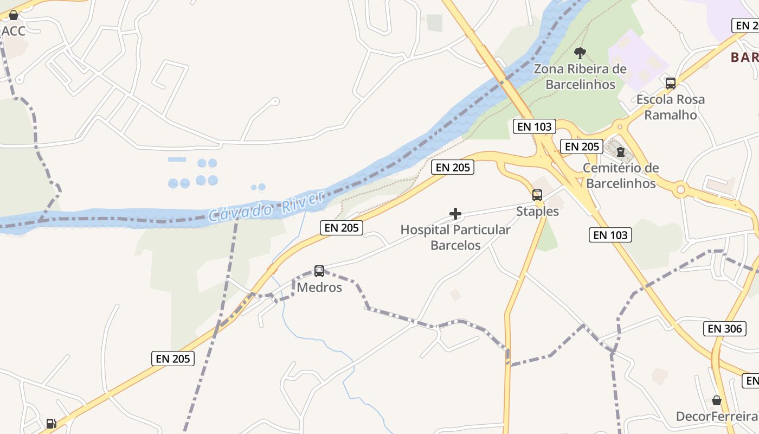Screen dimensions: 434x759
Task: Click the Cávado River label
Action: (x=266, y=207)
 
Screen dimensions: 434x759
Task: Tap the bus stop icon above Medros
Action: (x=319, y=271)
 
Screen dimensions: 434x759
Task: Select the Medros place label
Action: (x=319, y=287)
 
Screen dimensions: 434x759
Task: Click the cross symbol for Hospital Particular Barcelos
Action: (x=455, y=214)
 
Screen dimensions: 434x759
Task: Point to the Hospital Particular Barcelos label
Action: (x=455, y=237)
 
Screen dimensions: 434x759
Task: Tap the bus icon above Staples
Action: (x=537, y=195)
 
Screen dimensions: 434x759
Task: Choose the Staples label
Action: (x=537, y=211)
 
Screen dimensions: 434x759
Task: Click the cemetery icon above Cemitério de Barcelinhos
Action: (x=621, y=151)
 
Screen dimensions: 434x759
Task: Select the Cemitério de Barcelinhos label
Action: (x=621, y=175)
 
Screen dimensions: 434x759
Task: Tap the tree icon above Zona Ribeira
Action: (x=580, y=53)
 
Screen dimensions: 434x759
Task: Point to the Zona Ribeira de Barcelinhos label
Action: (x=580, y=76)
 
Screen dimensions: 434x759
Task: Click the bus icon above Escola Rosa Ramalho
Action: (x=671, y=83)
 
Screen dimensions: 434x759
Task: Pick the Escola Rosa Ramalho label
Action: (x=671, y=107)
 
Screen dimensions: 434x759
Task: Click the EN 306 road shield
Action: (x=725, y=328)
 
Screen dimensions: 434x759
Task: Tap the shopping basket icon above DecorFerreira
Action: (x=717, y=400)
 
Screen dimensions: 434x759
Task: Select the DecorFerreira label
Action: (x=716, y=416)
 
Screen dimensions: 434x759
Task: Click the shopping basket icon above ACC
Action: (x=14, y=15)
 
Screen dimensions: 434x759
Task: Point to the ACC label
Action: (x=14, y=31)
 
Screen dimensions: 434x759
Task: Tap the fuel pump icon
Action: (x=51, y=423)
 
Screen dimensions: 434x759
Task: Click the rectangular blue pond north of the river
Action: (x=177, y=159)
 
